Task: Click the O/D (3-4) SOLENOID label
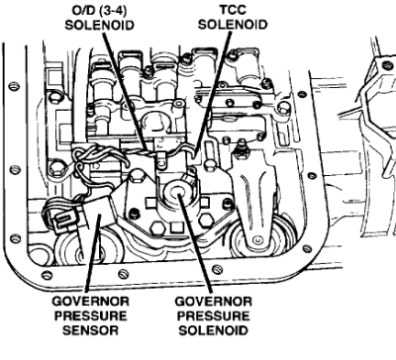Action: pos(99,17)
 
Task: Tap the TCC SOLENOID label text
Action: pos(233,17)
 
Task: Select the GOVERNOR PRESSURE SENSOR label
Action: pos(90,315)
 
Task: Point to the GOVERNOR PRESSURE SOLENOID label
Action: pos(213,315)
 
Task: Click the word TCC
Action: pos(233,10)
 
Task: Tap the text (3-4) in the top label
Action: pos(112,10)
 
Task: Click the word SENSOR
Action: pos(90,330)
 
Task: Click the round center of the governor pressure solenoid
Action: pos(178,191)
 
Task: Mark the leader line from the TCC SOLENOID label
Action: pos(212,94)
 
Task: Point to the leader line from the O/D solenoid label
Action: pos(125,92)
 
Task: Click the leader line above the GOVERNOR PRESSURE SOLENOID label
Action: pos(196,243)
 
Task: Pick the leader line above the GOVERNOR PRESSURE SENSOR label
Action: pos(92,253)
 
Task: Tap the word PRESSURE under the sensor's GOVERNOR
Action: pos(90,315)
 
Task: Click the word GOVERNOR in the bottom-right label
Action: pos(213,302)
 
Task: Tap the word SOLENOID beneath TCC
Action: pos(233,25)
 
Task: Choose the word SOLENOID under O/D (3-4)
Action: pos(99,25)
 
